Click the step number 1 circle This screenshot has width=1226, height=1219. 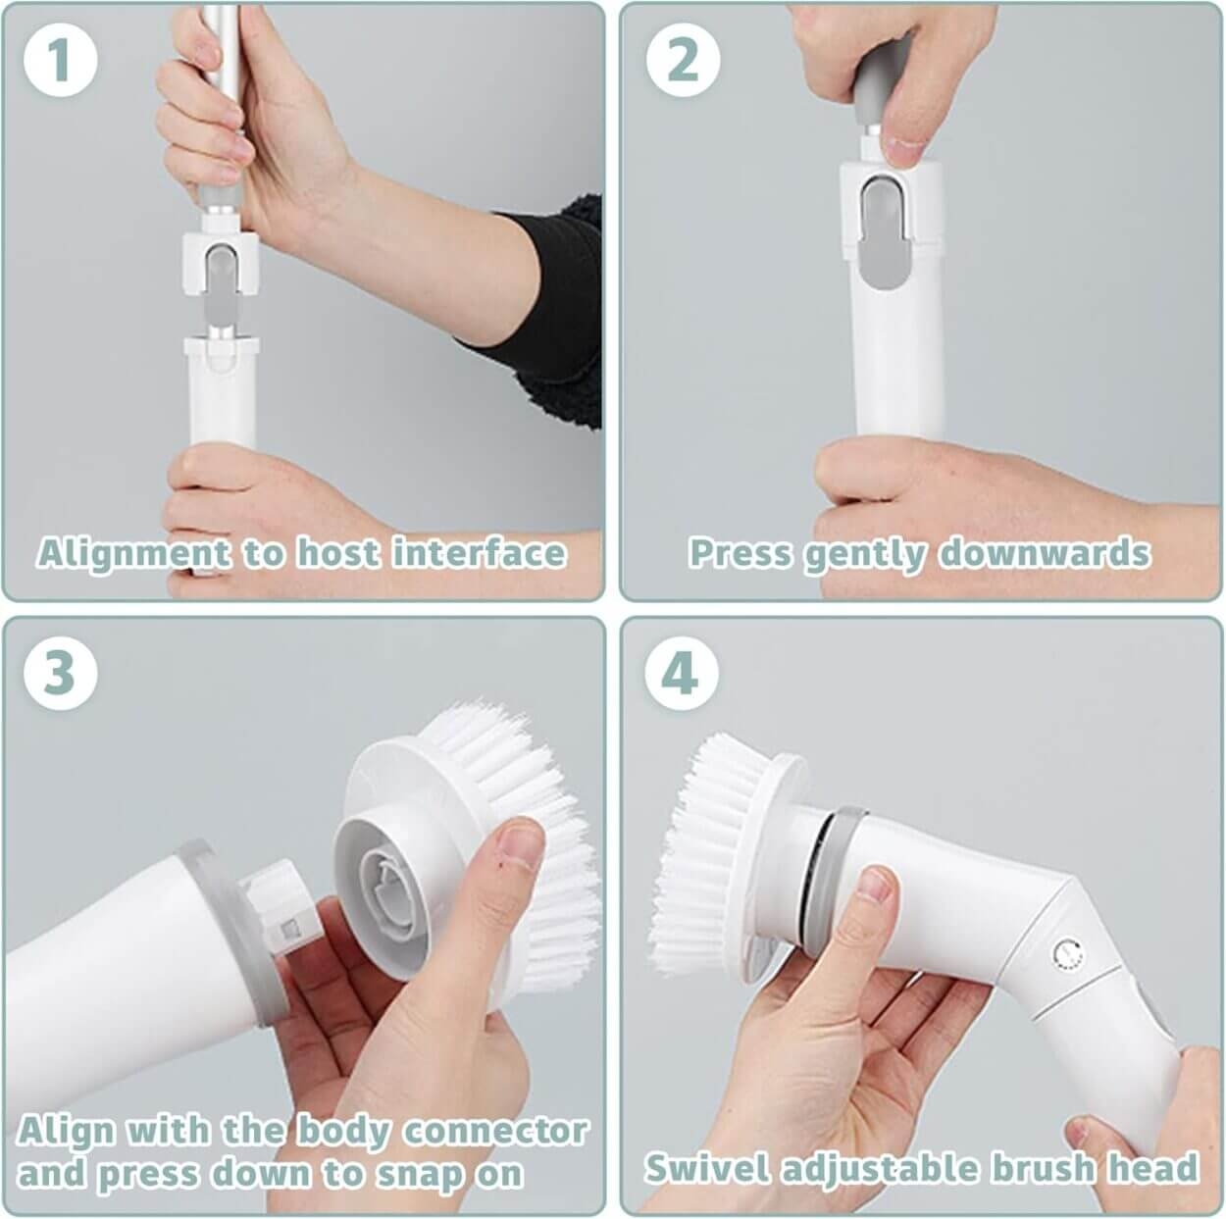point(61,61)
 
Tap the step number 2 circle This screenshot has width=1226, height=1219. point(683,61)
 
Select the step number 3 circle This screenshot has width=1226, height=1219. point(61,673)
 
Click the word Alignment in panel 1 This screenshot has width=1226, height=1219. point(133,553)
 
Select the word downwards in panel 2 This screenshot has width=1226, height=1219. point(1045,552)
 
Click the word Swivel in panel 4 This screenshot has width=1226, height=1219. point(707,1167)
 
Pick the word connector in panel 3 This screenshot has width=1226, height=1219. point(495,1131)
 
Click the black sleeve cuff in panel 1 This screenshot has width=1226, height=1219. point(540,312)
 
